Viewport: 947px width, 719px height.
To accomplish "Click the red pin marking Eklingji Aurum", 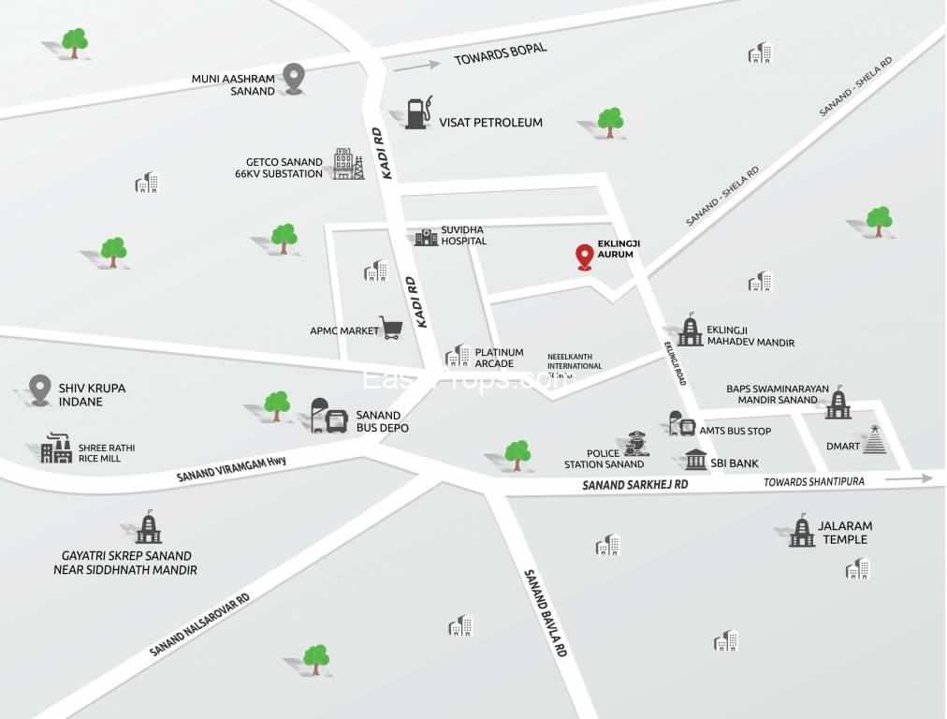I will (585, 256).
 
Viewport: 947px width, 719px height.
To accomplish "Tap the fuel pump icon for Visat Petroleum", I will (417, 113).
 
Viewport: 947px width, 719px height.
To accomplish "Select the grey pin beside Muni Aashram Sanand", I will (295, 78).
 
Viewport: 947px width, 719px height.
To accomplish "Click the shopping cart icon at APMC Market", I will (391, 327).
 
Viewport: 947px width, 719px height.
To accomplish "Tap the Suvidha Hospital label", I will (465, 234).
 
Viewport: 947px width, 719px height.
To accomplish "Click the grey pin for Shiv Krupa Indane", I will (39, 389).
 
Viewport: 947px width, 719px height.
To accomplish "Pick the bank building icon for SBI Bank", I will (696, 460).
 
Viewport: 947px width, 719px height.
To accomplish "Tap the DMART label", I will (843, 446).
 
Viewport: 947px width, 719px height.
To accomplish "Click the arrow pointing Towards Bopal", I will (416, 66).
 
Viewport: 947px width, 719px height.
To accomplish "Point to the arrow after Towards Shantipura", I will (909, 478).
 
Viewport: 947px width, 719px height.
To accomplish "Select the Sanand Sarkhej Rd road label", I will (634, 485).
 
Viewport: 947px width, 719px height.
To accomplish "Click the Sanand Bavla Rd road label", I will (546, 613).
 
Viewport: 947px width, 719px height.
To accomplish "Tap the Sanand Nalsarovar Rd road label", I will (200, 624).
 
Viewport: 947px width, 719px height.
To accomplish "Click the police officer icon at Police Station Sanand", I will (637, 444).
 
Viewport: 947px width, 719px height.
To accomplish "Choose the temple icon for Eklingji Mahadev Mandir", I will (691, 330).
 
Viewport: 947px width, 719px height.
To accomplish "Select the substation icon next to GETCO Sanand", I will (348, 164).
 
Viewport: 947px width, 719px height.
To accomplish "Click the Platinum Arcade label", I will (499, 358).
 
